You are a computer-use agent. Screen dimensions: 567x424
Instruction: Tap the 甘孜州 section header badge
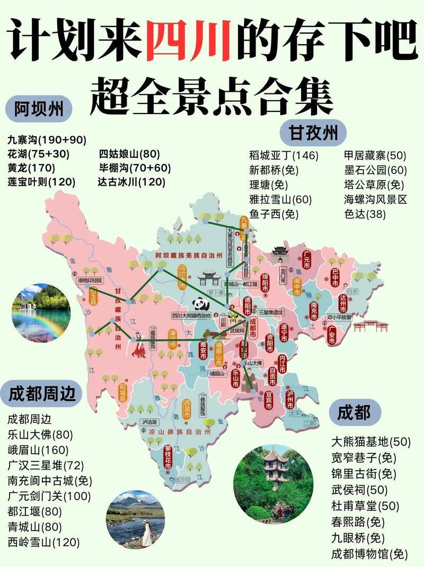tap(313, 132)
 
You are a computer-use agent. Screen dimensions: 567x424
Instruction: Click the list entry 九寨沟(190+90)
tap(47, 140)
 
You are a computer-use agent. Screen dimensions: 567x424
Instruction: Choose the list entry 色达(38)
tap(365, 214)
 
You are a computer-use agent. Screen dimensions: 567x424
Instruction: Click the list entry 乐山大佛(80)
tap(40, 435)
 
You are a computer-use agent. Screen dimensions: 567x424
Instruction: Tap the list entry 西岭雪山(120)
tap(43, 542)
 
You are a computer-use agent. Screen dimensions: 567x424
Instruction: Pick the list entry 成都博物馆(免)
tap(369, 554)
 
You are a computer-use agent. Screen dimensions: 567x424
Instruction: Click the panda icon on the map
tap(202, 304)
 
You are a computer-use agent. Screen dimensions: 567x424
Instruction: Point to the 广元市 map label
tap(307, 259)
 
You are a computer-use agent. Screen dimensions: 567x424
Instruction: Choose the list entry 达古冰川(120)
tap(131, 182)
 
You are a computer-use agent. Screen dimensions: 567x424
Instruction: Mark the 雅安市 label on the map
tap(201, 350)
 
